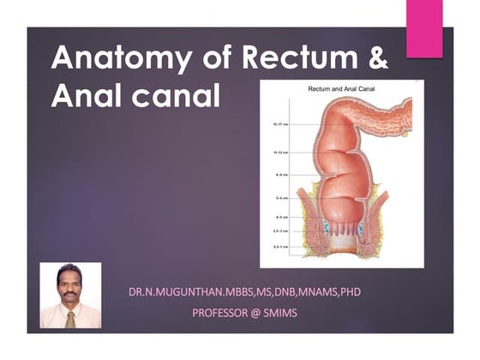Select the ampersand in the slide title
coord(378,57)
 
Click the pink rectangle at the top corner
coord(424,29)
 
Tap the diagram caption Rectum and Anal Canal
coord(342,89)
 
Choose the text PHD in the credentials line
coord(350,292)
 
